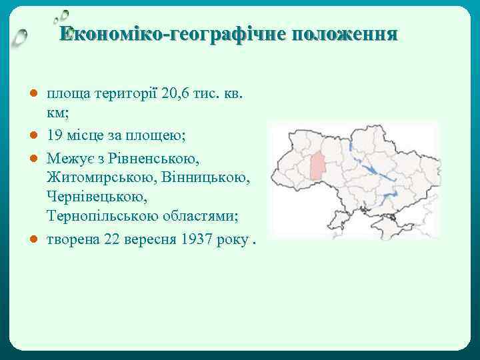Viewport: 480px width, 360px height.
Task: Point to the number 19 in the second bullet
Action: pos(55,136)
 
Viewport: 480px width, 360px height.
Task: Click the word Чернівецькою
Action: pos(93,198)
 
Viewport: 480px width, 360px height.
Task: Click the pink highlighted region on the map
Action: pos(317,167)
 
